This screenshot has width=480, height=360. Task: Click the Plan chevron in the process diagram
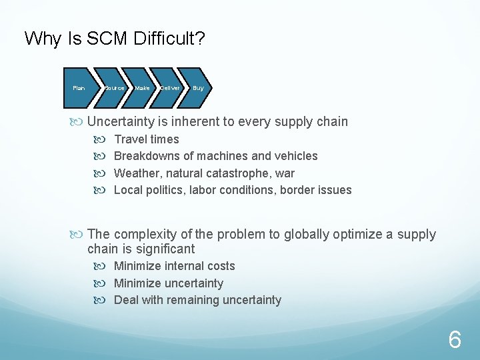tap(79, 88)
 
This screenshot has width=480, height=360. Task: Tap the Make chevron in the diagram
tap(142, 88)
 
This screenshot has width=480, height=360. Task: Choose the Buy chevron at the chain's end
tap(197, 88)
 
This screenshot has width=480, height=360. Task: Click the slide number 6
tap(454, 341)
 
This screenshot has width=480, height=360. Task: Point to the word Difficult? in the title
tap(169, 39)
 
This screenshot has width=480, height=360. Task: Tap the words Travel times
tap(147, 139)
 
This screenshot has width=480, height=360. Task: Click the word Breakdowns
tap(147, 156)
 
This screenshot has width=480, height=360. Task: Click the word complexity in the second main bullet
tap(143, 234)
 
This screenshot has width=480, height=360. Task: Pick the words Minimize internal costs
tap(175, 266)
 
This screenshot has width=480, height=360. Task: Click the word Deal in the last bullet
tap(126, 300)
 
